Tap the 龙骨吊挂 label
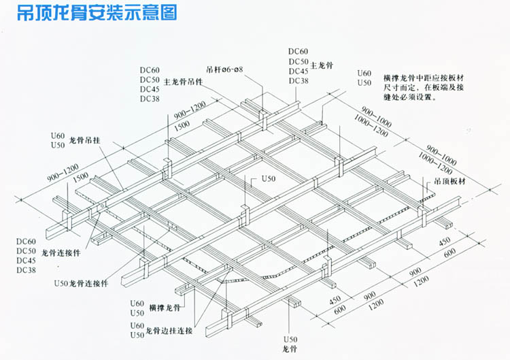(x=85, y=140)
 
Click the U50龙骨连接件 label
(x=81, y=282)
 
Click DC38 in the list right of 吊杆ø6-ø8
(x=298, y=82)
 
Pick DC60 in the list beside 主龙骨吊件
(x=150, y=70)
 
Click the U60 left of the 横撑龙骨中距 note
(x=364, y=73)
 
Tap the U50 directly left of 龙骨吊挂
(x=57, y=145)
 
